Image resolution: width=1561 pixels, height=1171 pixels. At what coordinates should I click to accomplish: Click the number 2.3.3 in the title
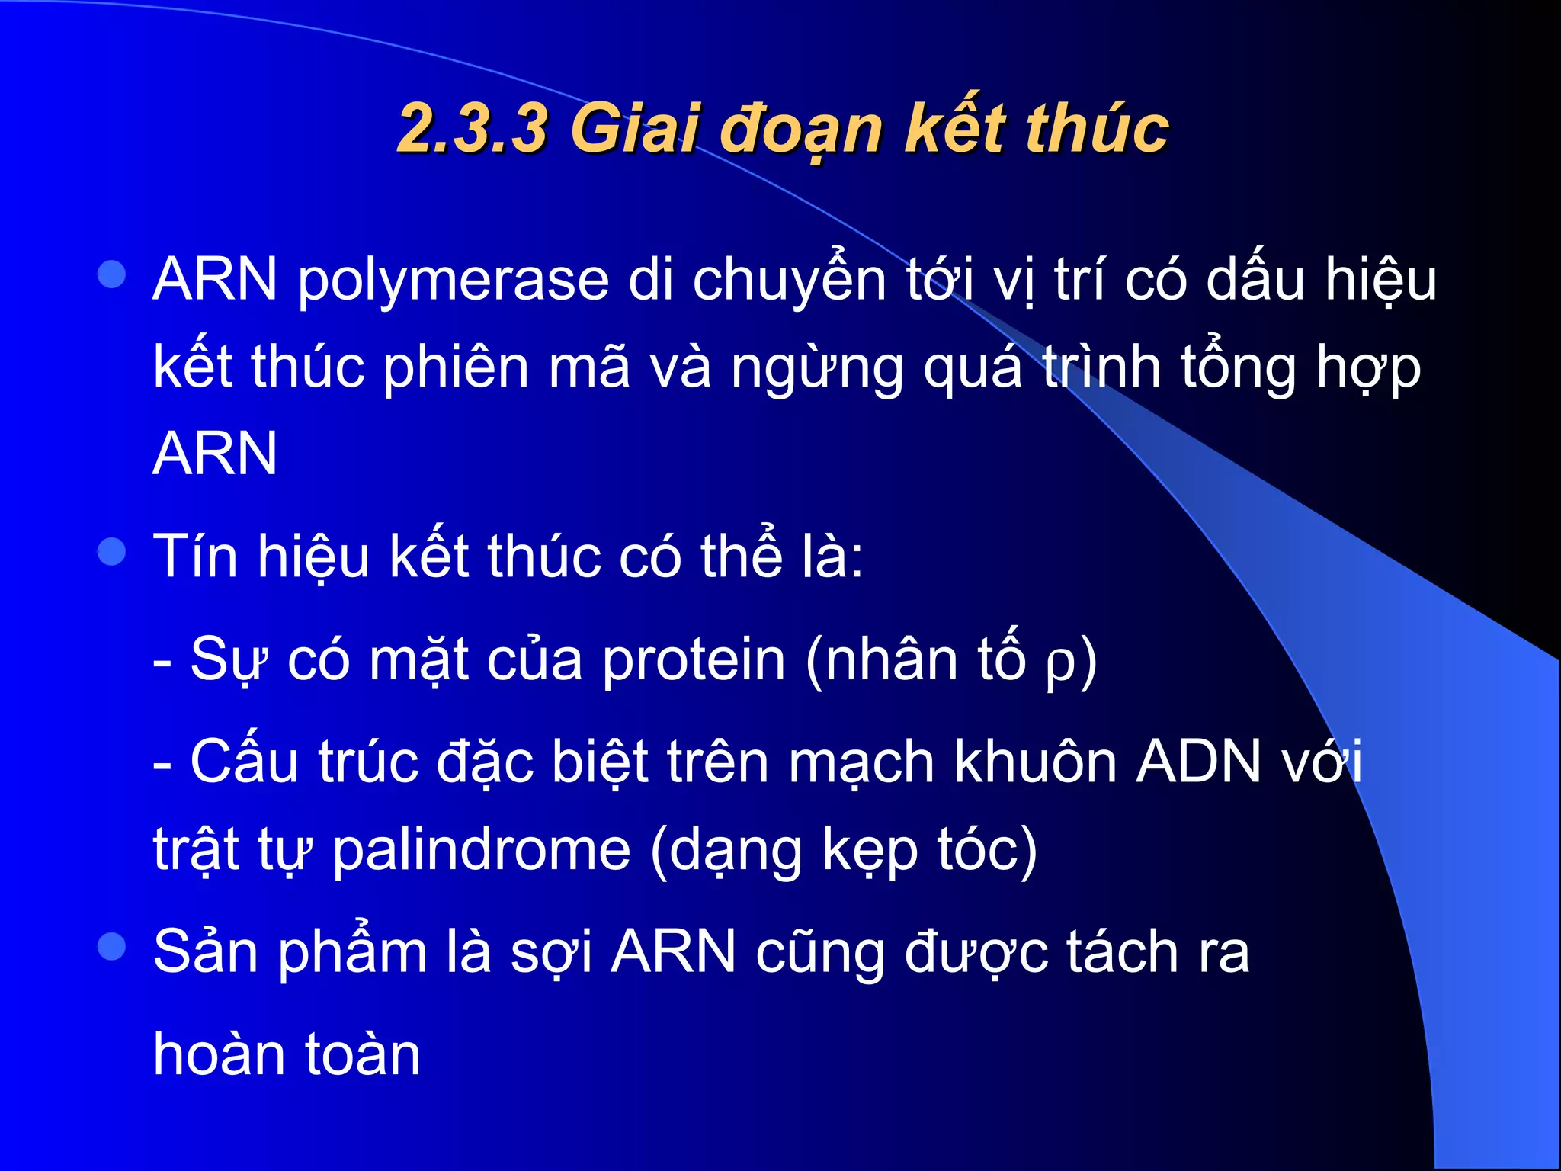(473, 128)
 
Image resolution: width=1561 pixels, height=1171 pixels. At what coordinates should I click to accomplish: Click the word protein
(693, 660)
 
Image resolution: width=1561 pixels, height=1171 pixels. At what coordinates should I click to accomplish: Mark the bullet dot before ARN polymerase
(112, 274)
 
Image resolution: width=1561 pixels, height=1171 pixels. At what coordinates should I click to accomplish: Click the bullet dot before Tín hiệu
(112, 551)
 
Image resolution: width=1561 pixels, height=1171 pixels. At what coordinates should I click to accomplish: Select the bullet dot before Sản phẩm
(112, 947)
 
